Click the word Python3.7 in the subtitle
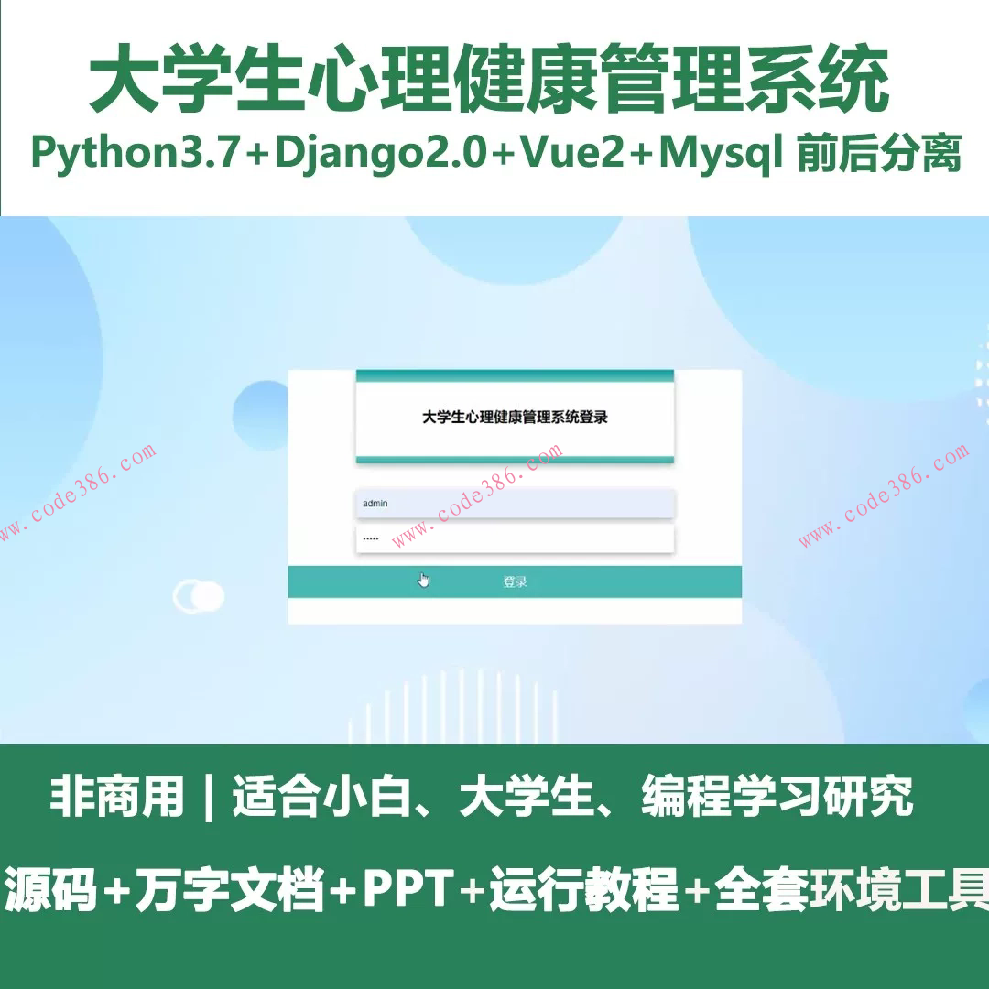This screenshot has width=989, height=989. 136,154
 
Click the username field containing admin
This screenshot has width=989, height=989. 516,504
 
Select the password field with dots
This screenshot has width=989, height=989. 516,538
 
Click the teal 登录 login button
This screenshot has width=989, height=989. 515,581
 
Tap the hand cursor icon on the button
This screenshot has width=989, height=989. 423,581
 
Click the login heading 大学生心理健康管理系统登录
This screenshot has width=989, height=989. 515,417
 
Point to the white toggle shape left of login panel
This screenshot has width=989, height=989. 199,596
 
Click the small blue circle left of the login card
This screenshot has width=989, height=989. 260,416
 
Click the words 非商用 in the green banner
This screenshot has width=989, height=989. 117,796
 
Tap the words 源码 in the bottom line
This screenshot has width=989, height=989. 50,888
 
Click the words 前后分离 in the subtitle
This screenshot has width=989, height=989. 879,153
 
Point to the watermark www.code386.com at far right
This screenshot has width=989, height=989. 884,494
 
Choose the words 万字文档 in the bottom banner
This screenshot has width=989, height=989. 230,888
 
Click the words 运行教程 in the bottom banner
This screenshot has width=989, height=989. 583,888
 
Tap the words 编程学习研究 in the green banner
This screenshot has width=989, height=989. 777,796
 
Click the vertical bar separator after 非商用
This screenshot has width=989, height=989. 209,798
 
